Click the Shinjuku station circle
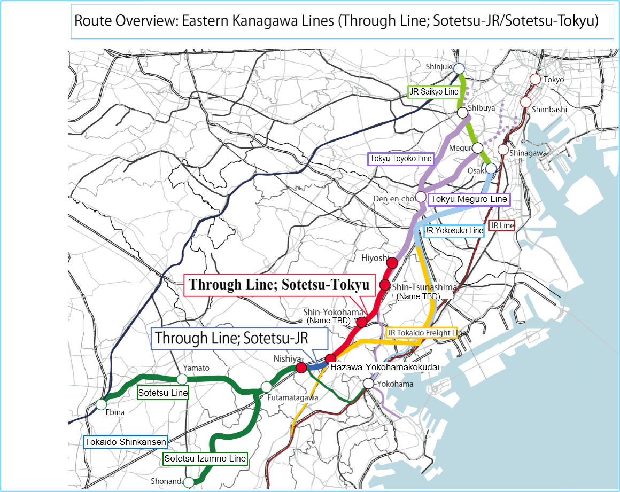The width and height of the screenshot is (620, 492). (x=459, y=68)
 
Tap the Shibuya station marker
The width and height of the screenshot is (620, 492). (x=462, y=113)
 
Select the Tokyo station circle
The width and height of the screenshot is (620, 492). (x=535, y=80)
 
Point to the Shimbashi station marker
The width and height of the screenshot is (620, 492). (x=525, y=102)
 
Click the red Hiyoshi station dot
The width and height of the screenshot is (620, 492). (x=392, y=262)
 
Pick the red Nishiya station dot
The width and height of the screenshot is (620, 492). (x=301, y=368)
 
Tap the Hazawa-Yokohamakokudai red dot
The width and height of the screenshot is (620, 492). (x=331, y=358)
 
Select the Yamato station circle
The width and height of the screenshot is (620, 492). (x=182, y=379)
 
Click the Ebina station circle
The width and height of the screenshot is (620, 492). (x=101, y=404)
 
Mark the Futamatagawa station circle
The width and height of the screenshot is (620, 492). (x=266, y=387)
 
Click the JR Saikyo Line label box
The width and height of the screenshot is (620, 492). (x=434, y=92)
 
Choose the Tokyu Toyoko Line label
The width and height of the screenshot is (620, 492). (x=401, y=159)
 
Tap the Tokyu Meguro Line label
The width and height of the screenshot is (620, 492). (x=469, y=199)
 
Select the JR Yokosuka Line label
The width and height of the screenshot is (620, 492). (x=453, y=231)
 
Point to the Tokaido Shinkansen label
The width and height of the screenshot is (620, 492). (x=126, y=442)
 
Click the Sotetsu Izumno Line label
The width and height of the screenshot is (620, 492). (x=205, y=458)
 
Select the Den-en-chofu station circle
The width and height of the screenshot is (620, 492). (x=421, y=197)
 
